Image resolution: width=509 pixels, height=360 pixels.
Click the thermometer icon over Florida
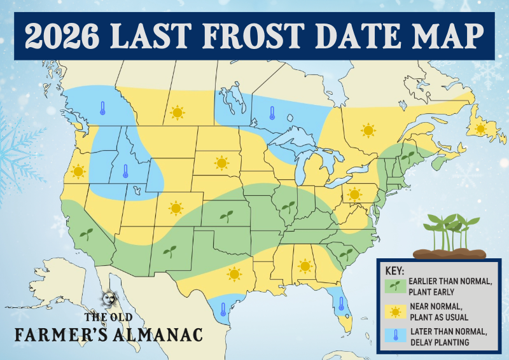[x=341, y=303]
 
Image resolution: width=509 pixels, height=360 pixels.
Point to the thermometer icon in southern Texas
[x=223, y=310]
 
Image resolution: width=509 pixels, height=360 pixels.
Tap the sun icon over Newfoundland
[x=480, y=128]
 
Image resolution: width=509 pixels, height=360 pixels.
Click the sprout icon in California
[x=86, y=233]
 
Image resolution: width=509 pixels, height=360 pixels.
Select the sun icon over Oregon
[x=78, y=171]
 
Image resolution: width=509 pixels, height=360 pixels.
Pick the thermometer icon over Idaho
[x=125, y=172]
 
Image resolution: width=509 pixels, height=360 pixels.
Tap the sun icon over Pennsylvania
[x=355, y=193]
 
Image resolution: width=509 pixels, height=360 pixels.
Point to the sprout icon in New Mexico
[x=169, y=250]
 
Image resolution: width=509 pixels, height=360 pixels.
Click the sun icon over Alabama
[x=305, y=265]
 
